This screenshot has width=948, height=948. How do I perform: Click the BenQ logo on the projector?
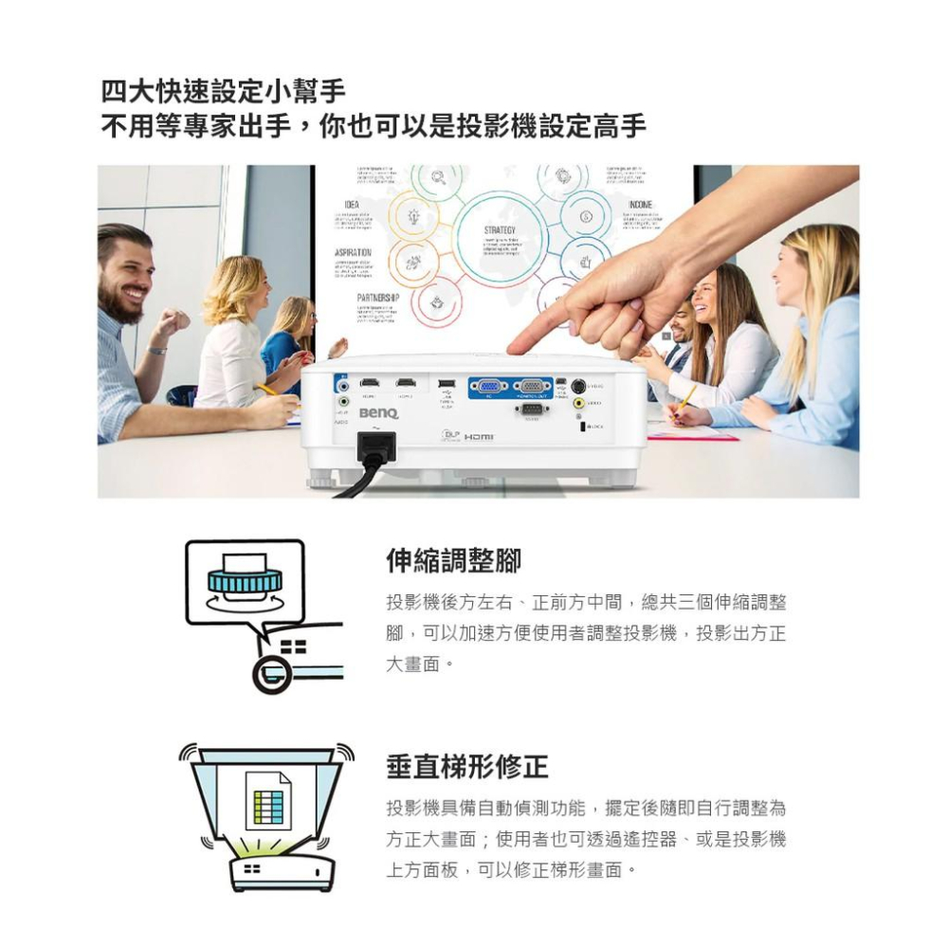[x=378, y=413]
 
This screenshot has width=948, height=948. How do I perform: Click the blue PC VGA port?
[x=488, y=386]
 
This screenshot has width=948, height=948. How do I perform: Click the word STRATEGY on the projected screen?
[x=499, y=230]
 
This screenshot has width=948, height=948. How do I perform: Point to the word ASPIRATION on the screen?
[x=353, y=252]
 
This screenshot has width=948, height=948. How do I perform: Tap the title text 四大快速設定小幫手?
[x=224, y=93]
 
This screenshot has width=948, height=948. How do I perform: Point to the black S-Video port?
[x=577, y=386]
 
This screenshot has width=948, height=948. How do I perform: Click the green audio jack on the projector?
[x=344, y=401]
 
